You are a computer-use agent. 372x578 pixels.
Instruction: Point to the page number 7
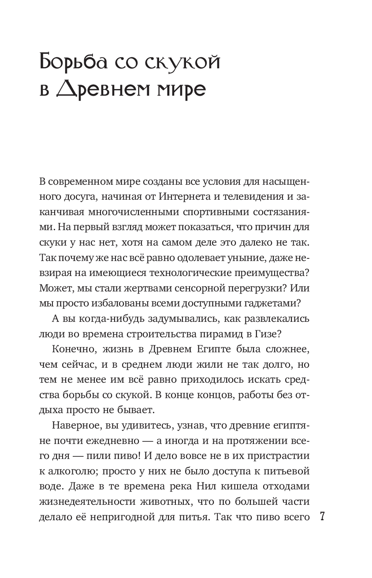pyautogui.click(x=322, y=517)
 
